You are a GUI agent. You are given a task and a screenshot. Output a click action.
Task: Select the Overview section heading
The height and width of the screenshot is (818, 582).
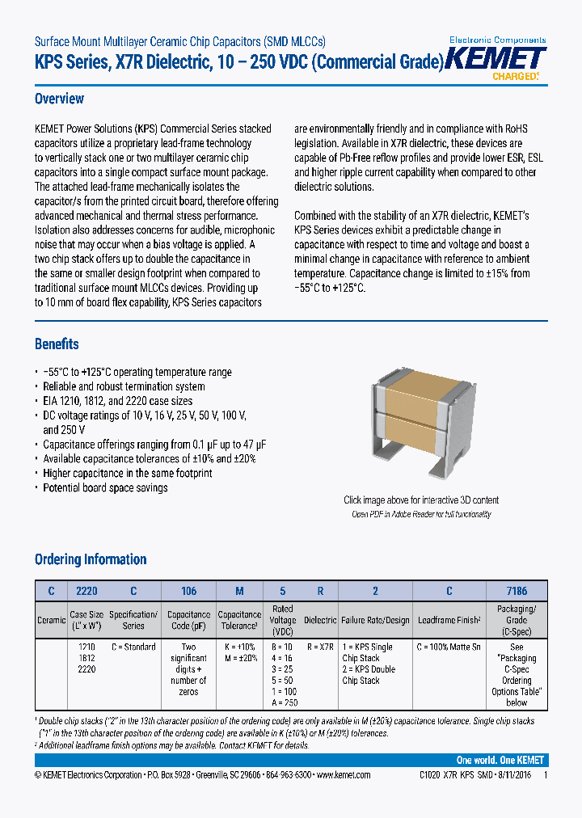[59, 99]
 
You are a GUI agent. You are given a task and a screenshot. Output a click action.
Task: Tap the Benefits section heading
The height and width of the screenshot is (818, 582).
[57, 344]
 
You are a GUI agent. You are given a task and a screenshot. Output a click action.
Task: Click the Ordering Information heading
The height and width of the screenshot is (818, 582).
[91, 559]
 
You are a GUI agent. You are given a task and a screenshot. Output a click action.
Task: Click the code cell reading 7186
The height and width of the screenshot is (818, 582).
[517, 591]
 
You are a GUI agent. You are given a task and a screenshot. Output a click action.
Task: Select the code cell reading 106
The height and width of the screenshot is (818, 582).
[188, 591]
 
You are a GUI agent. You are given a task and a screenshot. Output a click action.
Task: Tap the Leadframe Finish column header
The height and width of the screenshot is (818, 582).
[449, 620]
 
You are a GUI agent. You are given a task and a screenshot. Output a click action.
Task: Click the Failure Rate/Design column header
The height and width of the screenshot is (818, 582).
[375, 620]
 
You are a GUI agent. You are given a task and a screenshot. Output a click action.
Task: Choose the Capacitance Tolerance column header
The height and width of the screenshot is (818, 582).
[240, 620]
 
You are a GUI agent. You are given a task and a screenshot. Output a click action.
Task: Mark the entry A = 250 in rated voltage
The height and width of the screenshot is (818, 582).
[283, 703]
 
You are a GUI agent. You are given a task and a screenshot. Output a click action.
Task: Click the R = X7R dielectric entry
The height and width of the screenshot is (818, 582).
[321, 647]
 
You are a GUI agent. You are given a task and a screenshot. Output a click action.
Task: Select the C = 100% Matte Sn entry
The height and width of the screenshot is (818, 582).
[449, 647]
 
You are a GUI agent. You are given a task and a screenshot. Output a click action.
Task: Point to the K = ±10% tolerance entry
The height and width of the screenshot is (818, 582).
[240, 647]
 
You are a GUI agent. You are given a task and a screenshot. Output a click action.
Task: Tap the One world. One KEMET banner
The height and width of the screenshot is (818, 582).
[500, 761]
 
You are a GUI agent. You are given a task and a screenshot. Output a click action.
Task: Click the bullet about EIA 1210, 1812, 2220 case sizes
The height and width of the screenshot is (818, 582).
[117, 401]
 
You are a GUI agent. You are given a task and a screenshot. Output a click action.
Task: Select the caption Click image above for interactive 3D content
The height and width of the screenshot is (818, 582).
[421, 500]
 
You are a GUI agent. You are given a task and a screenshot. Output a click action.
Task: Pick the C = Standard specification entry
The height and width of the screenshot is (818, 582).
[133, 647]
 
